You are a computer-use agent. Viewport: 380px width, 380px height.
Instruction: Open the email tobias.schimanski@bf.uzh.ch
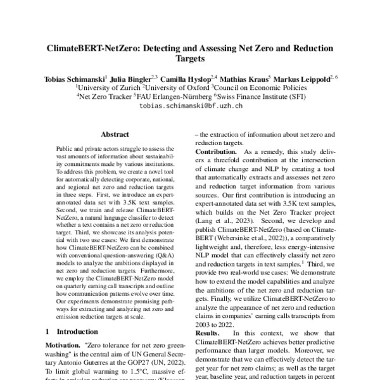coord(190,106)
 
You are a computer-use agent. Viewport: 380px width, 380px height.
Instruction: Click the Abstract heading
coord(115,136)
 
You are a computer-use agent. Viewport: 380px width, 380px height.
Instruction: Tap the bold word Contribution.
coord(217,153)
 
